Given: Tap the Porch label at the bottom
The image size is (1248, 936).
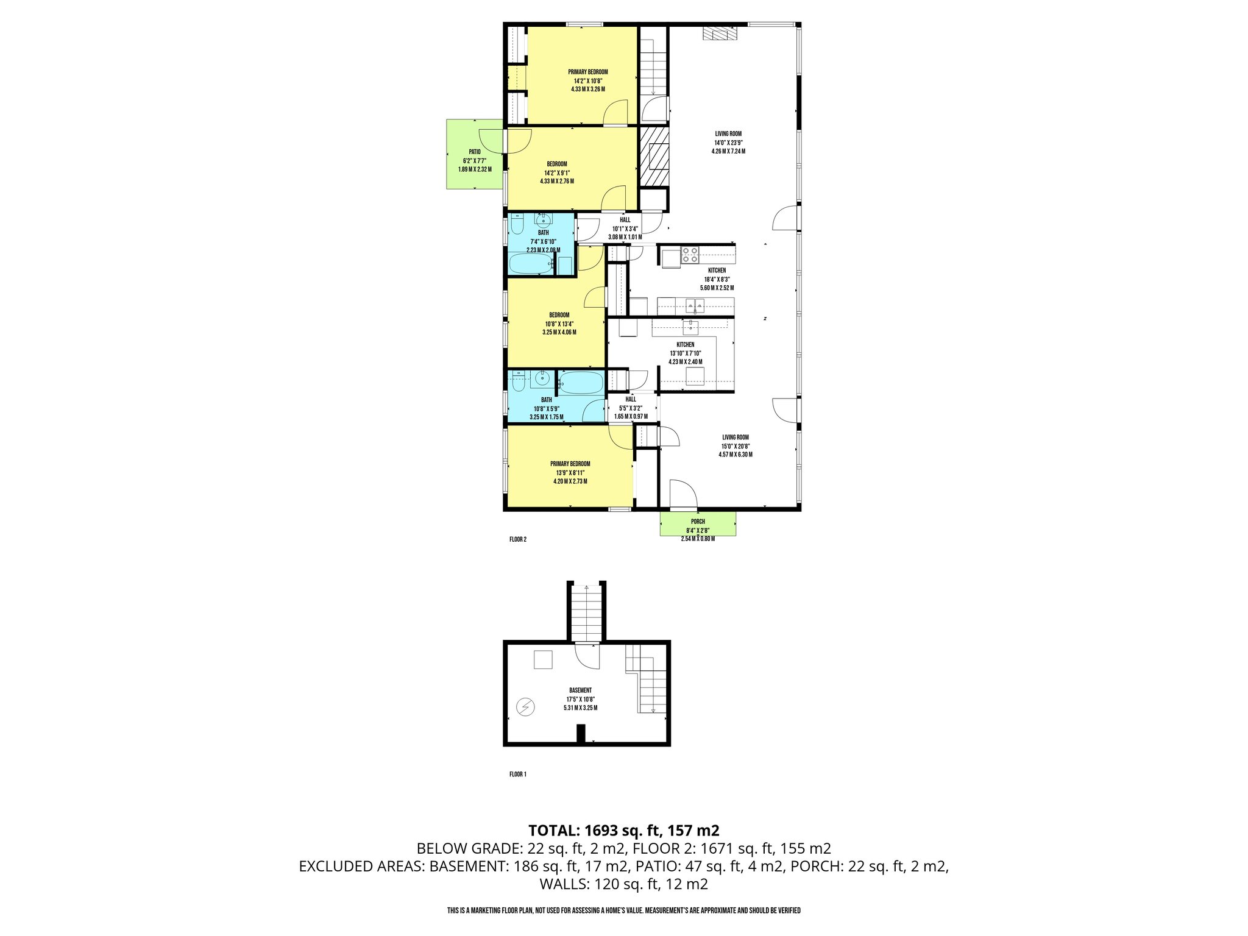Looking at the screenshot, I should point(698,522).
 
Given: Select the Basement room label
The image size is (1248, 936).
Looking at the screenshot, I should point(580,690).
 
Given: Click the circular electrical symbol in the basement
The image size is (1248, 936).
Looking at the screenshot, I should point(525,707).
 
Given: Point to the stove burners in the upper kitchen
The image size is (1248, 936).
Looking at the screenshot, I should point(690,255).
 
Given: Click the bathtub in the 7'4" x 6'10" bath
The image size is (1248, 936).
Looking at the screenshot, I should point(531,264).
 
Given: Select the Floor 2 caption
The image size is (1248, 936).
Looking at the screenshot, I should point(517,539).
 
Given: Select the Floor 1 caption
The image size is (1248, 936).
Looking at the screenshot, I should point(517,775).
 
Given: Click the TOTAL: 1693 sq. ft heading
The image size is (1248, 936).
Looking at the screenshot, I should point(623,831).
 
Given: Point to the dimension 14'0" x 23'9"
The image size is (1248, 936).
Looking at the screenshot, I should point(728,143).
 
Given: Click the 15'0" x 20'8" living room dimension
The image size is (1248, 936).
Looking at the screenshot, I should point(736,446).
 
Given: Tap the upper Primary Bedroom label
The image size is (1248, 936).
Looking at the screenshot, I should point(587,72).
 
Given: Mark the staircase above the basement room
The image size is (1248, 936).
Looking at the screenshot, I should point(587,612).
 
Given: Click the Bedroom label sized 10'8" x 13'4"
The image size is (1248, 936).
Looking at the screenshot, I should point(559,315).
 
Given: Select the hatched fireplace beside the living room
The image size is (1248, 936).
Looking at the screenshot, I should point(654,156).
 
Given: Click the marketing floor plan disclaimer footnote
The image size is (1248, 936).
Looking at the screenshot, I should point(623,910).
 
